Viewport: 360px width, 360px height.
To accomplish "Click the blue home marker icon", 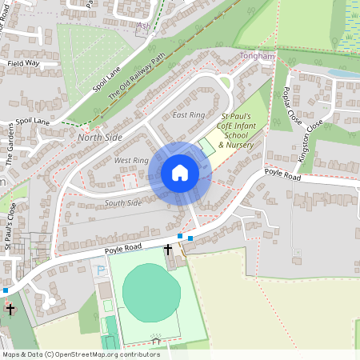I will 180,173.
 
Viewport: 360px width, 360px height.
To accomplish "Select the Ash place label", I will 144,26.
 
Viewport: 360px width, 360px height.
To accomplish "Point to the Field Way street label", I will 23,62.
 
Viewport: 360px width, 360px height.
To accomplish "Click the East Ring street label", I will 189,116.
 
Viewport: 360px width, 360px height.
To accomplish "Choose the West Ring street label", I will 131,161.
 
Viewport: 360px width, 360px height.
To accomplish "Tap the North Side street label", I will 101,138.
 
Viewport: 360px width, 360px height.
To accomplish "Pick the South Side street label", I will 123,203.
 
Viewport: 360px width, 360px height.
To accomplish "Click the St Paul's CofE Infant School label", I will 237,131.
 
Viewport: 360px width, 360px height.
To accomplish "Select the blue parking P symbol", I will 101,270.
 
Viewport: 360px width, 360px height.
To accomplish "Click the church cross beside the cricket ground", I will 168,250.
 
